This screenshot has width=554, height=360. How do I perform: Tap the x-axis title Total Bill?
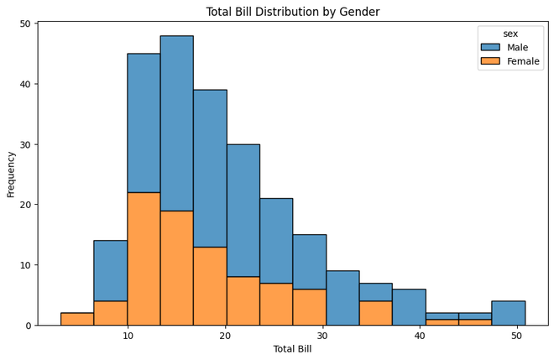click(292, 348)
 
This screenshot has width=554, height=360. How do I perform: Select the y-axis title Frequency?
click(11, 174)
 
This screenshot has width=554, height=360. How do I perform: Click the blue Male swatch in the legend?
click(489, 47)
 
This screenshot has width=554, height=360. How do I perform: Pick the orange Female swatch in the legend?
click(489, 61)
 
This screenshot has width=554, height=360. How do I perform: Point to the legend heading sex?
click(510, 33)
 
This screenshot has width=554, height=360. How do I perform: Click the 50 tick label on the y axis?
click(24, 23)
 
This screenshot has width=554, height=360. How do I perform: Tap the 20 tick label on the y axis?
click(24, 205)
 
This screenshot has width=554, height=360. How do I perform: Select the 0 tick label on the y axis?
click(28, 326)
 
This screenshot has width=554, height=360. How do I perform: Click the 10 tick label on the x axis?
click(128, 337)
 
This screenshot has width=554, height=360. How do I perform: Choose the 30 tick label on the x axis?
click(322, 337)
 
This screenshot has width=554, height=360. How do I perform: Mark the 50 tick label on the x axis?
click(517, 337)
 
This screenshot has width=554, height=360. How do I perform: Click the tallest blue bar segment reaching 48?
click(177, 123)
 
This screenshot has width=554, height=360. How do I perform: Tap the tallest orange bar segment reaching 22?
click(144, 258)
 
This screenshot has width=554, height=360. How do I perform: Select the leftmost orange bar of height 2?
click(77, 319)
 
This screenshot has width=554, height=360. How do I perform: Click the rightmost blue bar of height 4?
click(509, 313)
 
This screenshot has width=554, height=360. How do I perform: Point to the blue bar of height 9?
click(342, 298)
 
